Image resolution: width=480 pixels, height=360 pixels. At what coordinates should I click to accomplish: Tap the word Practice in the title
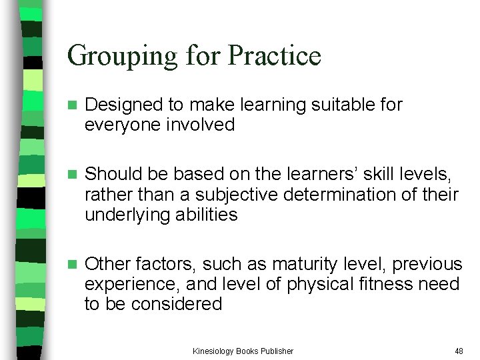click(x=274, y=56)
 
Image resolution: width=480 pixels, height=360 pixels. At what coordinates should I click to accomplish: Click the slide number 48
click(x=459, y=351)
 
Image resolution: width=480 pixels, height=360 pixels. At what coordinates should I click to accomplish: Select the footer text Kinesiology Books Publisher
click(x=243, y=351)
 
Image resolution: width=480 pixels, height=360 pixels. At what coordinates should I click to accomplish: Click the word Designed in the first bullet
click(x=124, y=105)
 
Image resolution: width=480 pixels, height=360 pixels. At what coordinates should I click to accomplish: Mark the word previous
click(x=427, y=264)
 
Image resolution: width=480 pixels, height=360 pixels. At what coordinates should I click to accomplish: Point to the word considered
click(x=181, y=304)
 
